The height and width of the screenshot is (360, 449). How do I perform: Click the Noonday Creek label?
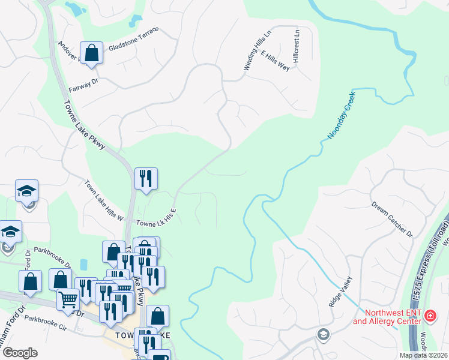pyautogui.click(x=342, y=116)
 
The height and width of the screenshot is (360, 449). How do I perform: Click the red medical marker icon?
pyautogui.click(x=430, y=316)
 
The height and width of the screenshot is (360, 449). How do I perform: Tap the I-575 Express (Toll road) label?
pyautogui.click(x=421, y=262)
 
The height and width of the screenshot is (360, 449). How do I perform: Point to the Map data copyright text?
pyautogui.click(x=423, y=355)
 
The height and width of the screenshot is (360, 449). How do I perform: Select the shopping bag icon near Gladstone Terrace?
pyautogui.click(x=91, y=53)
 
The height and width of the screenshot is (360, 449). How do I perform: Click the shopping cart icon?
pyautogui.click(x=68, y=298)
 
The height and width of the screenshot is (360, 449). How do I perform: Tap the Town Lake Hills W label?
pyautogui.click(x=103, y=200)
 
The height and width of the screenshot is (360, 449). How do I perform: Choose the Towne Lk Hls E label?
pyautogui.click(x=156, y=218)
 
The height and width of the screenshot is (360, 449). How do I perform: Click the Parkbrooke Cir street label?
pyautogui.click(x=45, y=325)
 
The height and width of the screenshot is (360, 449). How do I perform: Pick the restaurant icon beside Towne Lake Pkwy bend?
pyautogui.click(x=146, y=179)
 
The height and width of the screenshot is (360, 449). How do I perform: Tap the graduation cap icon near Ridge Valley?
pyautogui.click(x=323, y=334)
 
